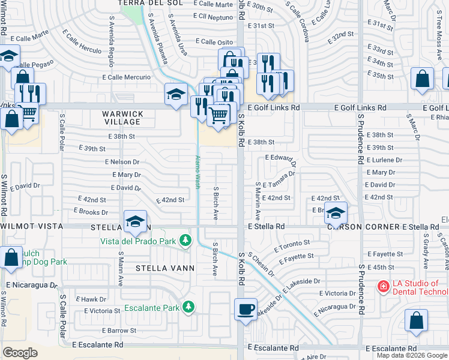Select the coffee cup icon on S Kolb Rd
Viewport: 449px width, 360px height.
(x=246, y=309)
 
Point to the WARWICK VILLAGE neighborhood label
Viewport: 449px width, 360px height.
(x=122, y=118)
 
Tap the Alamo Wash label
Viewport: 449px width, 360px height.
(x=197, y=173)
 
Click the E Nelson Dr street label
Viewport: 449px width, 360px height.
(x=122, y=162)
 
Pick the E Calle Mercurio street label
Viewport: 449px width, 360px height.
(x=126, y=77)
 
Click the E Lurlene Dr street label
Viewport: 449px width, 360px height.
(x=383, y=160)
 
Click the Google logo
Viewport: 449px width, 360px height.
(x=20, y=353)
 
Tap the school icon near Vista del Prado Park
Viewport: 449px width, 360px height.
(x=135, y=221)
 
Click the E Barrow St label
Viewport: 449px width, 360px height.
(x=119, y=331)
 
